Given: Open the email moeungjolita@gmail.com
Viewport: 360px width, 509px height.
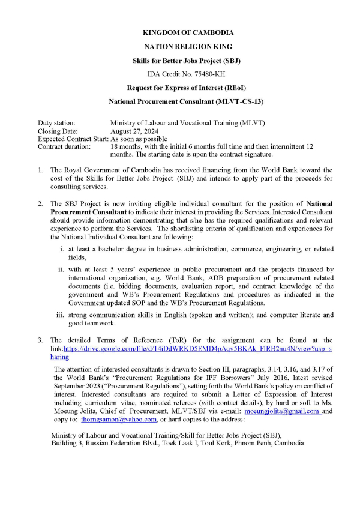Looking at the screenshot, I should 282,411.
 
